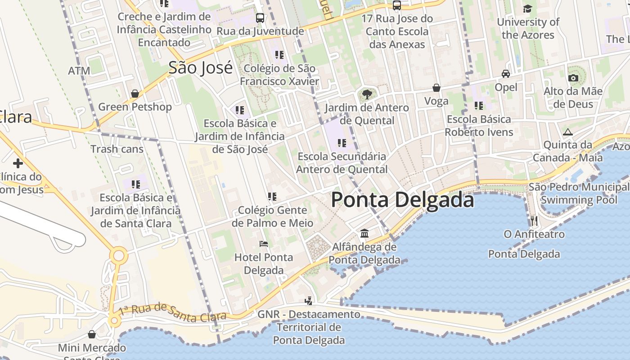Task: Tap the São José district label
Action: click(200, 67)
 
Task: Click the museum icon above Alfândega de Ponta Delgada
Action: click(364, 234)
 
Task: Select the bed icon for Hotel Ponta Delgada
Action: click(264, 244)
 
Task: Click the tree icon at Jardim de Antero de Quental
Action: click(367, 94)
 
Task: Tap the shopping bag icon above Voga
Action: click(436, 88)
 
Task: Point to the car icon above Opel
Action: click(506, 74)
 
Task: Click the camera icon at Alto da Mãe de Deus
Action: click(573, 78)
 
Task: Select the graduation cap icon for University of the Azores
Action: click(527, 9)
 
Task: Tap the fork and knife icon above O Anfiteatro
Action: click(534, 220)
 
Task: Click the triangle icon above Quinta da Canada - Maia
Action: click(567, 132)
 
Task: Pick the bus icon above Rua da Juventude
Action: click(260, 18)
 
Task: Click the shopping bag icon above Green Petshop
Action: click(135, 94)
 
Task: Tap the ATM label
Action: click(79, 71)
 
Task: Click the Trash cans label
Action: click(117, 149)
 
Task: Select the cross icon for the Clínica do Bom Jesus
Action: click(18, 163)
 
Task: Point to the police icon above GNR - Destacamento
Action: click(309, 301)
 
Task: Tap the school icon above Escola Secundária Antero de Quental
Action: click(342, 143)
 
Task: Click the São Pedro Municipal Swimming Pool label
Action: click(579, 193)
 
